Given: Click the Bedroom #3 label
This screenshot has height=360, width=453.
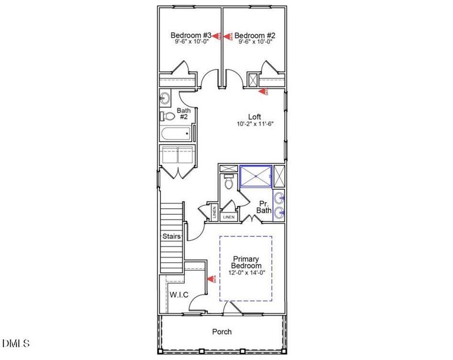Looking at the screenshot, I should coord(190,35).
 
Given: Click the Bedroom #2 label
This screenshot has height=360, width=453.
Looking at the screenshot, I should coord(254,35).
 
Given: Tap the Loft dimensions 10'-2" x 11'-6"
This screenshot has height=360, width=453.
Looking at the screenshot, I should coord(255,124).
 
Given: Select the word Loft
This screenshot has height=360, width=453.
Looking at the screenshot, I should coord(255,116).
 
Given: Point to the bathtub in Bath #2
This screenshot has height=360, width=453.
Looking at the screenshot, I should coord(176,134).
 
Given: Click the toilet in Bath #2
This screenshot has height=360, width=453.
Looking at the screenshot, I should coord(167,116).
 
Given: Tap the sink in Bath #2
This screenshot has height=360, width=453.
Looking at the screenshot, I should coord(165,98).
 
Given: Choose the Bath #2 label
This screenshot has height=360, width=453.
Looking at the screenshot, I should coord(184,114).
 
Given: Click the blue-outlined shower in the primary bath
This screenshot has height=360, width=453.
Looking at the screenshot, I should coord(256,176).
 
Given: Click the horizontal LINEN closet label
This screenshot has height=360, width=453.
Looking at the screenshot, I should coord(228,217).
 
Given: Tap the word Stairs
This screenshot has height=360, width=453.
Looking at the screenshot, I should coord(172,236).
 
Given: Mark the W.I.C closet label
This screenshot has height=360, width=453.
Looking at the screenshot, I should coord(179,295).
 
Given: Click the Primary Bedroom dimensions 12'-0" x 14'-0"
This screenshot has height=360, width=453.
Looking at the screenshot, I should coord(247,273).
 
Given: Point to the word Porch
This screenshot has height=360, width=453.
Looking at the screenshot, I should coord(222,331).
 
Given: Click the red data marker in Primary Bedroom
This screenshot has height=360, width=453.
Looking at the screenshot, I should coord(211,278).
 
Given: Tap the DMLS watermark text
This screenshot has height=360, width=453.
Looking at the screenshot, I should coord(16,343).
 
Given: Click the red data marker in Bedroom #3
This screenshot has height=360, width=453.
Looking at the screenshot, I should coord(218,36).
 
